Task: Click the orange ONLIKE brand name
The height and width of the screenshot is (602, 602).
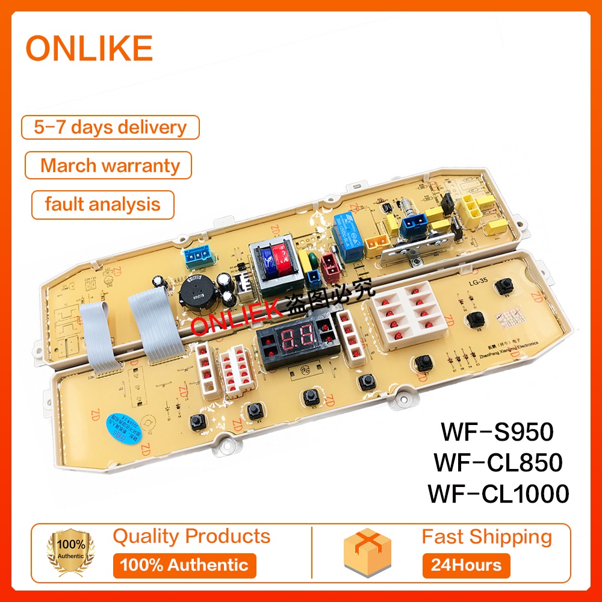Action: [89, 49]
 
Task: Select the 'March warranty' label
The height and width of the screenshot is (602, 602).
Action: [110, 166]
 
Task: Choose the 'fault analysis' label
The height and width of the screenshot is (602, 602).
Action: [102, 204]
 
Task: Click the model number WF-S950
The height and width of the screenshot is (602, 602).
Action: [497, 432]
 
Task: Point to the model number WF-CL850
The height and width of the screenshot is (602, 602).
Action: [497, 462]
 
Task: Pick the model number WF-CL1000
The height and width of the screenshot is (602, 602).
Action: [497, 494]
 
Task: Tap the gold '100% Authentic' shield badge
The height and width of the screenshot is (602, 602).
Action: [71, 551]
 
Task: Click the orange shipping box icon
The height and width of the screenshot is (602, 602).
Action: [367, 551]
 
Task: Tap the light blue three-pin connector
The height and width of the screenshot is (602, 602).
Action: [199, 256]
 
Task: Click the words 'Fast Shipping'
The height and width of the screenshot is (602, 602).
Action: [486, 536]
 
